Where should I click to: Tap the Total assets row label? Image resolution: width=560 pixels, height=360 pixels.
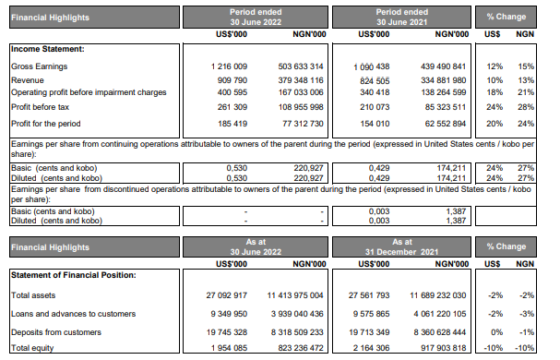pos(33,295)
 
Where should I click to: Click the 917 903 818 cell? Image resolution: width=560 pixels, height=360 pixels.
pos(434,347)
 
